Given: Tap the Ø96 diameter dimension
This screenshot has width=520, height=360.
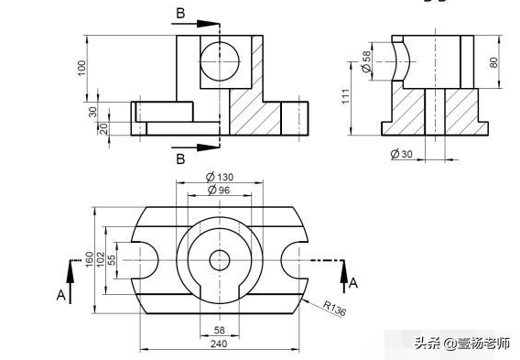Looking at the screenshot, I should coord(220,190).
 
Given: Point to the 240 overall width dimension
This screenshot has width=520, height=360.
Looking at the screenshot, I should coord(220,344).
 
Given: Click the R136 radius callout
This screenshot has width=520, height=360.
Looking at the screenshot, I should coord(335,310).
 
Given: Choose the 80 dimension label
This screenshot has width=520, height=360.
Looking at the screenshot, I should coord(494,62).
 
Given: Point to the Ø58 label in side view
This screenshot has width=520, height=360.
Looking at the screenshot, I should coord(367,58).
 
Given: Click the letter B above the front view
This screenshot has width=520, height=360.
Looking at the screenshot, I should coord(180,13).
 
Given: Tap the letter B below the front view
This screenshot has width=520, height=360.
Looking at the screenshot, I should coord(180,158).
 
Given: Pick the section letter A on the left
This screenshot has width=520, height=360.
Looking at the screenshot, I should coord(60,295).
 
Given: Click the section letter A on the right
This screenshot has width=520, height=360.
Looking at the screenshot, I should coord(354,283).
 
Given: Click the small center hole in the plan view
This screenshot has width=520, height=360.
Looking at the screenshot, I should coord(220,260).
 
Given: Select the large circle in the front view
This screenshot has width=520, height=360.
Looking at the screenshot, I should coord(221,60).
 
